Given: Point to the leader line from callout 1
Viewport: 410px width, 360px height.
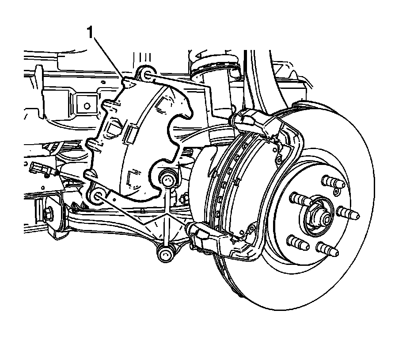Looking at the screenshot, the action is coord(109,58).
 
